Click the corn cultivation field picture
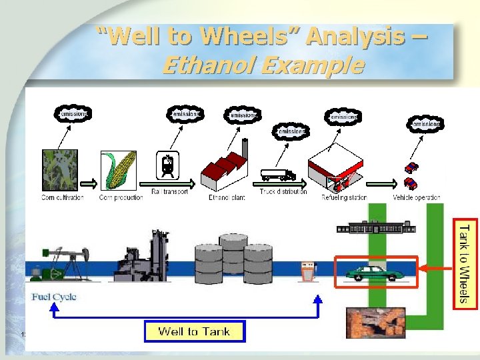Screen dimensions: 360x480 [61, 171]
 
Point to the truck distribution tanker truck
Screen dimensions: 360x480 [278, 175]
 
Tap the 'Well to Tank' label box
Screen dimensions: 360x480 [194, 331]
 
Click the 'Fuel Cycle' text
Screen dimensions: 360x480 [54, 297]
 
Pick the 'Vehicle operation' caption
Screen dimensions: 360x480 [417, 198]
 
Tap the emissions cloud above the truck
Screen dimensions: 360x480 [291, 131]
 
